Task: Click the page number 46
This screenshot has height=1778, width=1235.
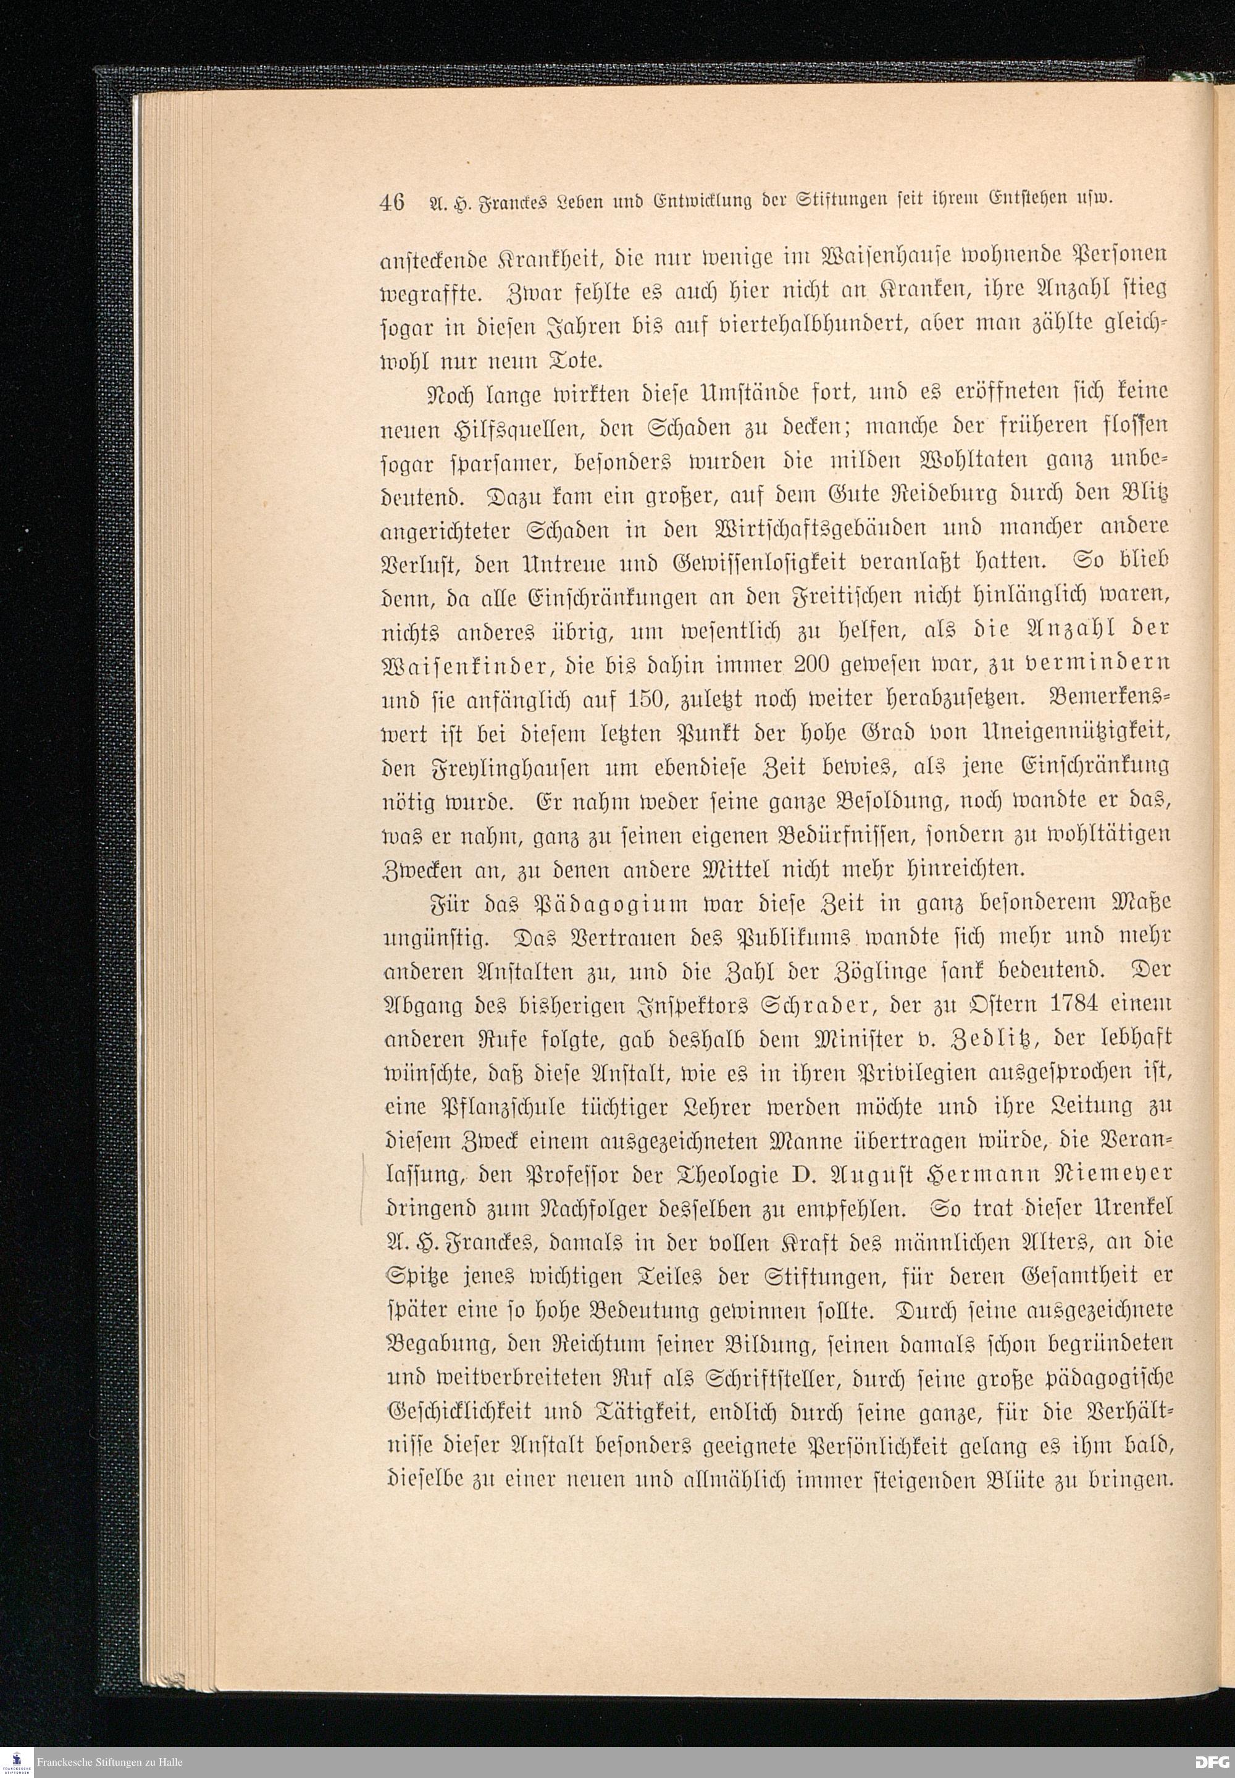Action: tap(392, 203)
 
